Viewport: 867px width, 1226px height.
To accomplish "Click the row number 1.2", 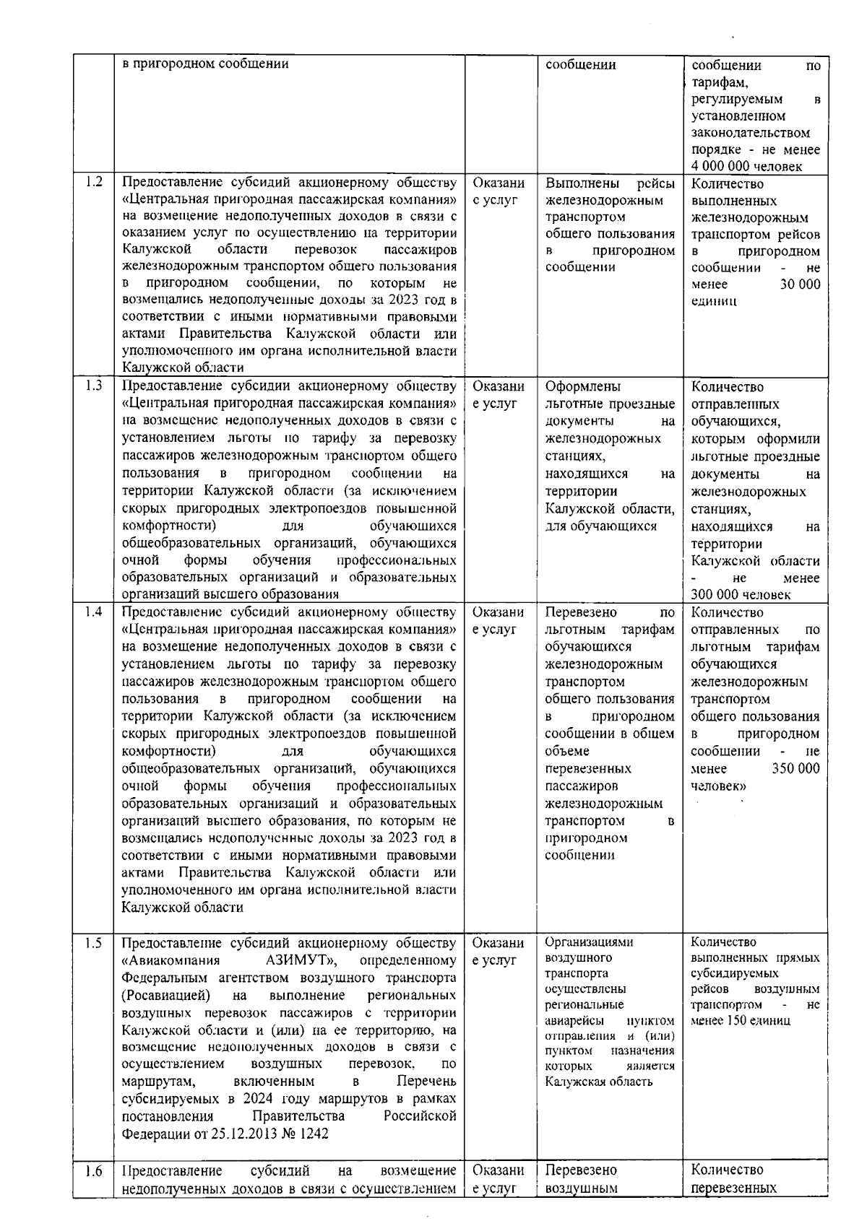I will [x=93, y=182].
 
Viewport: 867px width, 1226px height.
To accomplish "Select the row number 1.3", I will [x=93, y=386].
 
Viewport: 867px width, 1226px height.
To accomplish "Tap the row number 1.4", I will [x=93, y=612].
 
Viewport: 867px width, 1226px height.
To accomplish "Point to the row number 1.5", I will [x=93, y=942].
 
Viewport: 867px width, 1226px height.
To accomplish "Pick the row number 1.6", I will [x=93, y=1171].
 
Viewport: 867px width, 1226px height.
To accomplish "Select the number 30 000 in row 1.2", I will [x=800, y=284].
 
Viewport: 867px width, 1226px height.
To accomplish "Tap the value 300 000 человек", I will [x=741, y=595].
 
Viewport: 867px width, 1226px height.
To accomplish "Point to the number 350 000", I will [x=795, y=768].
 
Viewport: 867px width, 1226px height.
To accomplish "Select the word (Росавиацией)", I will [x=166, y=995].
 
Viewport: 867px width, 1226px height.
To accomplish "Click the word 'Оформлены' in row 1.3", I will [x=583, y=386].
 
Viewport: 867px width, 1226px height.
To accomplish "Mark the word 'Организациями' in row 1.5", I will [x=589, y=942].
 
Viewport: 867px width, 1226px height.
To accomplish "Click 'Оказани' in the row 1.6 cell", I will [x=499, y=1170].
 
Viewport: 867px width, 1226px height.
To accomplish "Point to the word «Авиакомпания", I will [x=171, y=960].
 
